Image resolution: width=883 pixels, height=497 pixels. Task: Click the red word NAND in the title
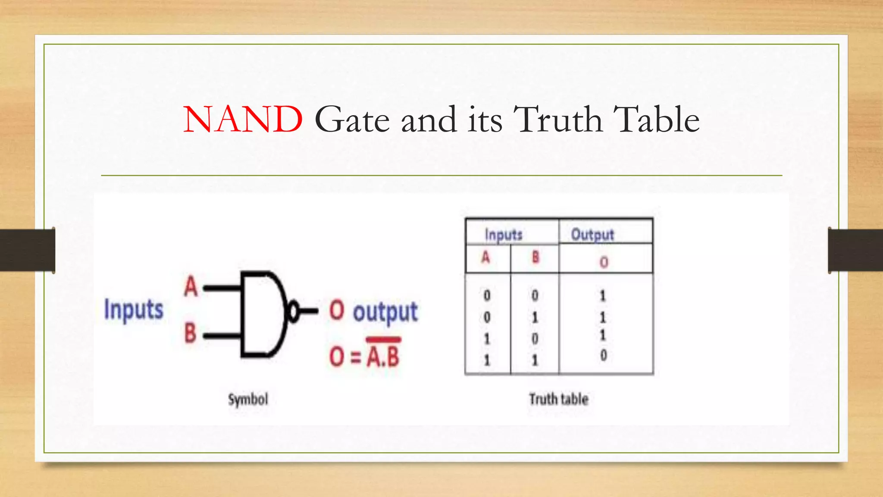pyautogui.click(x=243, y=120)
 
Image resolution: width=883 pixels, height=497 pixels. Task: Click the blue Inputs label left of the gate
pyautogui.click(x=134, y=310)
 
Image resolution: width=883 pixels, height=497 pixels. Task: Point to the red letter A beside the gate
pyautogui.click(x=191, y=286)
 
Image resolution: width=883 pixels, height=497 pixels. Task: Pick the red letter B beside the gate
pyautogui.click(x=191, y=333)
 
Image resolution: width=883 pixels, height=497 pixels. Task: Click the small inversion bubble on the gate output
pyautogui.click(x=293, y=311)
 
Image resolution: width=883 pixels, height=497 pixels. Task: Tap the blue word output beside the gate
pyautogui.click(x=385, y=312)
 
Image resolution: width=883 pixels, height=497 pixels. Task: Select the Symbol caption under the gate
pyautogui.click(x=248, y=399)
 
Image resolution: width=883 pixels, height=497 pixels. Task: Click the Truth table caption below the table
pyautogui.click(x=559, y=399)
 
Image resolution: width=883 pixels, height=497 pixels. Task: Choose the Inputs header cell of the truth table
pyautogui.click(x=504, y=235)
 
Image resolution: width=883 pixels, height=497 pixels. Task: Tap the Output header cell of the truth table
pyautogui.click(x=592, y=235)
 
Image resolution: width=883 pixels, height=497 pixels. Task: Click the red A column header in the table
pyautogui.click(x=486, y=258)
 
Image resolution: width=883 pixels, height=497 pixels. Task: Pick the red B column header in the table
pyautogui.click(x=535, y=258)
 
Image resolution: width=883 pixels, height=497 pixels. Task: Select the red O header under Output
pyautogui.click(x=604, y=262)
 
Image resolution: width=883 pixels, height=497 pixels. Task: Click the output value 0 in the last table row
pyautogui.click(x=604, y=355)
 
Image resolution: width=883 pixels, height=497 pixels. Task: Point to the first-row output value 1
pyautogui.click(x=603, y=296)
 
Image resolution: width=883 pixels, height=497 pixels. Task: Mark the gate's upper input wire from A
pyautogui.click(x=222, y=287)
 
